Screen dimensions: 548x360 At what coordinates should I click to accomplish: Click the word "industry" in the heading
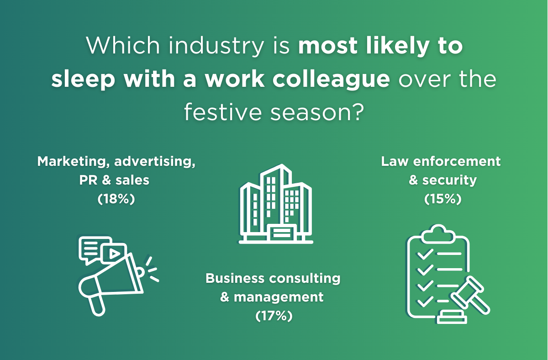click(216, 47)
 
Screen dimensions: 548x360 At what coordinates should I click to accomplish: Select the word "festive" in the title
click(223, 112)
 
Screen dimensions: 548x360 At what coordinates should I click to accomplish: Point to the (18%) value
click(116, 199)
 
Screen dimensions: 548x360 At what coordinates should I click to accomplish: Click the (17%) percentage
click(274, 316)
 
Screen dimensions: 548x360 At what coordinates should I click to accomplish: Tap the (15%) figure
click(443, 199)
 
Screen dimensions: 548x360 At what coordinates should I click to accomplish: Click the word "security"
click(449, 180)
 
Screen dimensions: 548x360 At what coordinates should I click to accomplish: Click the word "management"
click(279, 297)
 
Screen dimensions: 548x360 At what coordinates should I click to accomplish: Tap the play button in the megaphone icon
click(114, 254)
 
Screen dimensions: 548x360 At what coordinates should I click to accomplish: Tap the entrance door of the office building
click(282, 233)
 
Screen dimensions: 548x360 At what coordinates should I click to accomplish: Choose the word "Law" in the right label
click(395, 162)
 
